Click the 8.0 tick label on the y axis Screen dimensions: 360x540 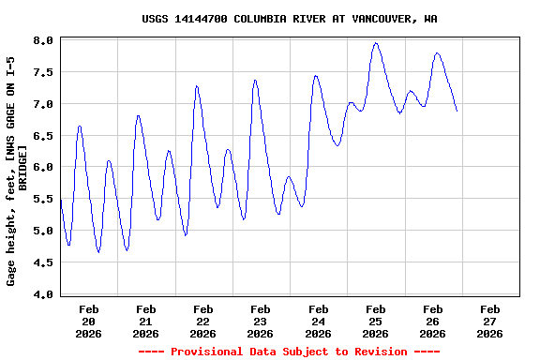(43, 40)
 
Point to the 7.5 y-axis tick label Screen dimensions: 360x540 (43, 72)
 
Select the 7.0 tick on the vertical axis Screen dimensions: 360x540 (43, 104)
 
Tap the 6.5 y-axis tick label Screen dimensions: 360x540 (43, 136)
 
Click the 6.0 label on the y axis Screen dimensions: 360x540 (43, 168)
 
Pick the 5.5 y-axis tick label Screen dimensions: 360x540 (43, 200)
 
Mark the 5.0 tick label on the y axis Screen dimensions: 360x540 (43, 232)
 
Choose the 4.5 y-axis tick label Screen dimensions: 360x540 (43, 263)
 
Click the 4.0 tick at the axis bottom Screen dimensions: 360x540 (43, 295)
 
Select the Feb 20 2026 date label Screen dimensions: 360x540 (89, 321)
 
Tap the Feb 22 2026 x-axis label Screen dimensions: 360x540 (203, 321)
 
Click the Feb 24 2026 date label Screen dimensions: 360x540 (318, 321)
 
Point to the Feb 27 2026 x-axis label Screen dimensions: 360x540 (489, 321)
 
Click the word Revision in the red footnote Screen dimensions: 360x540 (375, 352)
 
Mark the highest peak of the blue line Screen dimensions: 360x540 (376, 42)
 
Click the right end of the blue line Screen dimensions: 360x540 (457, 111)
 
